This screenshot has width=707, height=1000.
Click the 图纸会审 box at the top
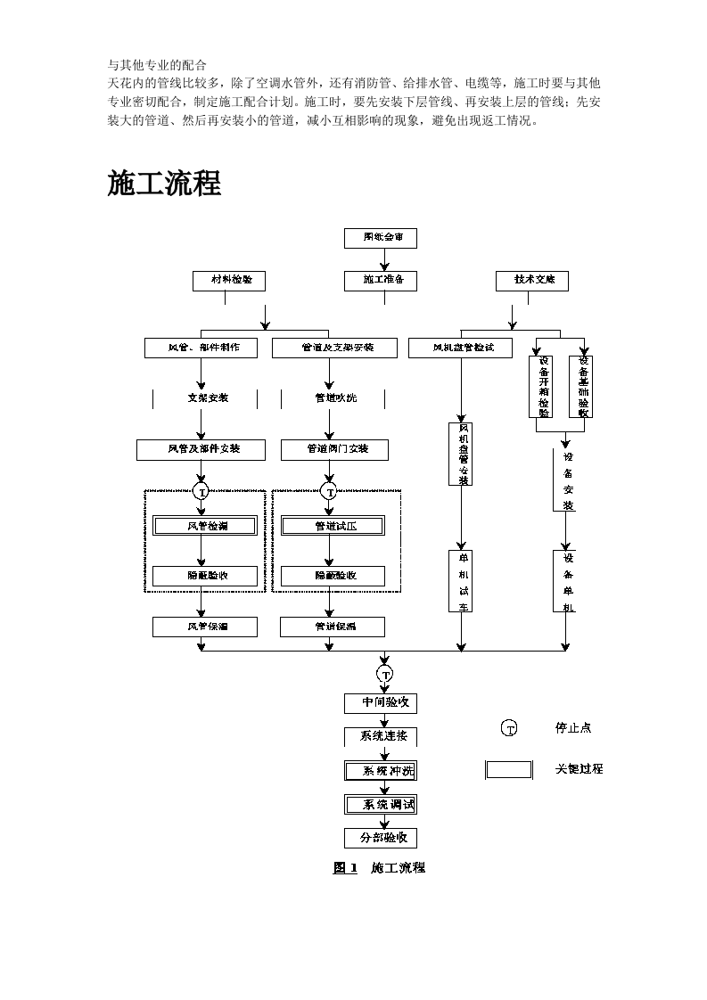tap(380, 238)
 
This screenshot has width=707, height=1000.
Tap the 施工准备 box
tap(380, 281)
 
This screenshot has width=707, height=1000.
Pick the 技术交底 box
tap(532, 281)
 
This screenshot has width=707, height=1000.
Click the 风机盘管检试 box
tap(461, 348)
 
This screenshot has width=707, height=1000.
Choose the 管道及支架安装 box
tap(334, 348)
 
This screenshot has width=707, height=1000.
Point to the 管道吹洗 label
tap(334, 398)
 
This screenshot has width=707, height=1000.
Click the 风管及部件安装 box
tap(201, 449)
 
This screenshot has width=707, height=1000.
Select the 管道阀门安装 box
tap(334, 449)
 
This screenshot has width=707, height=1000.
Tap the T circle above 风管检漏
tap(201, 491)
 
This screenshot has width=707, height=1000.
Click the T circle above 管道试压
tap(330, 491)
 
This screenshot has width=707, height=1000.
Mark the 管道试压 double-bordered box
tap(333, 526)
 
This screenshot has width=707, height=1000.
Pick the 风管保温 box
tap(204, 627)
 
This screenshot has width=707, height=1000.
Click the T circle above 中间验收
tap(385, 674)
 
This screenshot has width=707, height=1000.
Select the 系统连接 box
tap(381, 736)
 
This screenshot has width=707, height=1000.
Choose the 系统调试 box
tap(381, 804)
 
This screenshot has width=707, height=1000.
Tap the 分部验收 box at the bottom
tap(381, 838)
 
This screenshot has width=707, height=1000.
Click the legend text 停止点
tap(573, 728)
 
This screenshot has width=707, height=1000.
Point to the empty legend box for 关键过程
tap(509, 769)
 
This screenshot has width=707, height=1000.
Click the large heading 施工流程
tap(164, 184)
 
